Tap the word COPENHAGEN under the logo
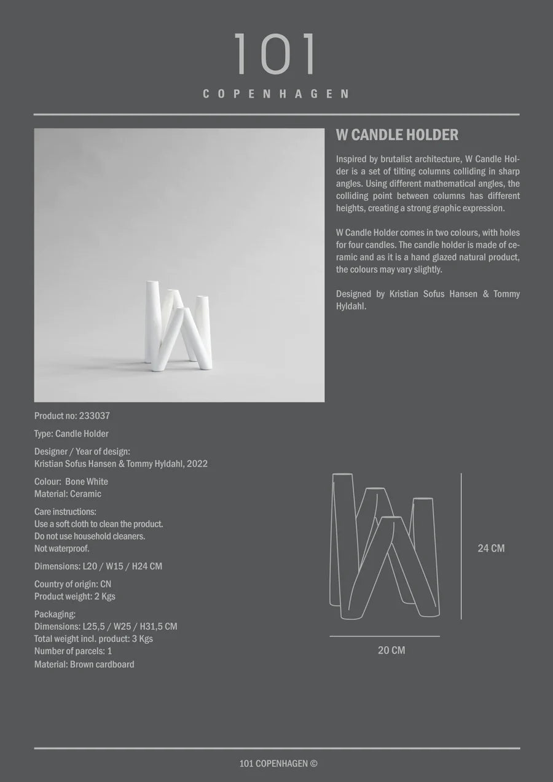click(276, 94)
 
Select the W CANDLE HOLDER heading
click(397, 135)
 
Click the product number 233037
click(95, 416)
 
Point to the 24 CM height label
click(491, 548)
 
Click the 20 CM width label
click(391, 650)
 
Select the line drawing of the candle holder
click(385, 545)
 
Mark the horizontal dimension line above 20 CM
click(385, 636)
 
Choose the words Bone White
click(86, 482)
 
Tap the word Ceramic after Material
click(85, 494)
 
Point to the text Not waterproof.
click(61, 549)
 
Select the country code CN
click(106, 584)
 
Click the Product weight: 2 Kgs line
click(74, 596)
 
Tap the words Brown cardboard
click(102, 664)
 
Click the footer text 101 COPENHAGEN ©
click(278, 764)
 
